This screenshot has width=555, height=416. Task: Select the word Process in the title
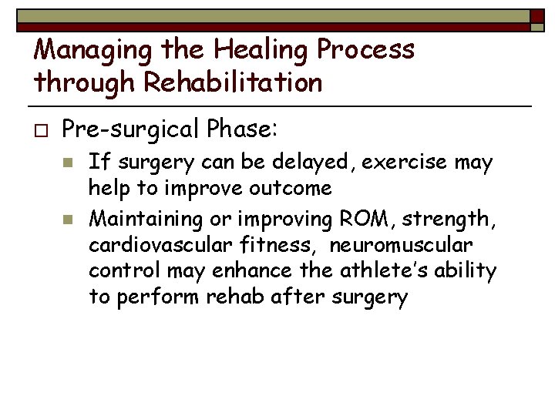[x=368, y=49]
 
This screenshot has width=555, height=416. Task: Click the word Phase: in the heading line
[x=244, y=129]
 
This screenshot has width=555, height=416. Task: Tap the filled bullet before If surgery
[x=68, y=163]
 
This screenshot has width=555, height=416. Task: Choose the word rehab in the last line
[x=236, y=298]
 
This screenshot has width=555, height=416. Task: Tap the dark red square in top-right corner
[x=537, y=17]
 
